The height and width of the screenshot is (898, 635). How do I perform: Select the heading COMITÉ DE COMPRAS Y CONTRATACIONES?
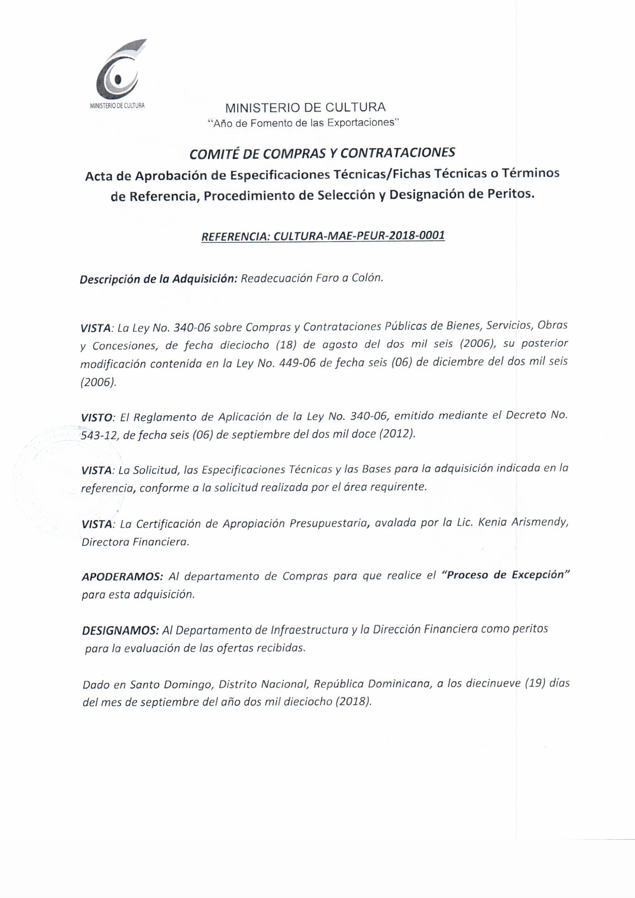point(322,153)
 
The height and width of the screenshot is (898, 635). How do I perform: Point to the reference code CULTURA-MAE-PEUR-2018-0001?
point(359,236)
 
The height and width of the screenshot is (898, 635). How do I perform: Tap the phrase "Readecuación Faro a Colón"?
point(312,278)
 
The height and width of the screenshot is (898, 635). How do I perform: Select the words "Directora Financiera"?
point(135,542)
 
